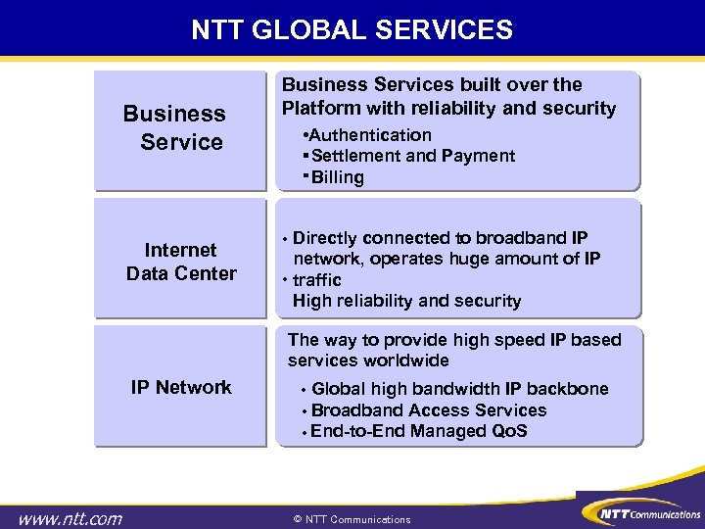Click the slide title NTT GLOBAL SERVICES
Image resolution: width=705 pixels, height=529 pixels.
coord(352,30)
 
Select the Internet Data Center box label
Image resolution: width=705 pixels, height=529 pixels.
coord(181,262)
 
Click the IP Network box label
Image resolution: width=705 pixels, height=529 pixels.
coord(181,387)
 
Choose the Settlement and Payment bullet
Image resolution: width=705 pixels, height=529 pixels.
coord(412,156)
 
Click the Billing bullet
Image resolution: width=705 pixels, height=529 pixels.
coord(337,177)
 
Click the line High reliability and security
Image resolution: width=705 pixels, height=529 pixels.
coord(406,301)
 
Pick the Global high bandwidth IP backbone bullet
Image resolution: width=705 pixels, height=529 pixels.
coord(459,389)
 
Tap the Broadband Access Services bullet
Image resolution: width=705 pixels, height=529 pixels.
coord(428,410)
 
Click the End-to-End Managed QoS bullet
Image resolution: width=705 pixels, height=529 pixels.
coord(418,431)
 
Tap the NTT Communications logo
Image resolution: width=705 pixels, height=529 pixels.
coord(640,512)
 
